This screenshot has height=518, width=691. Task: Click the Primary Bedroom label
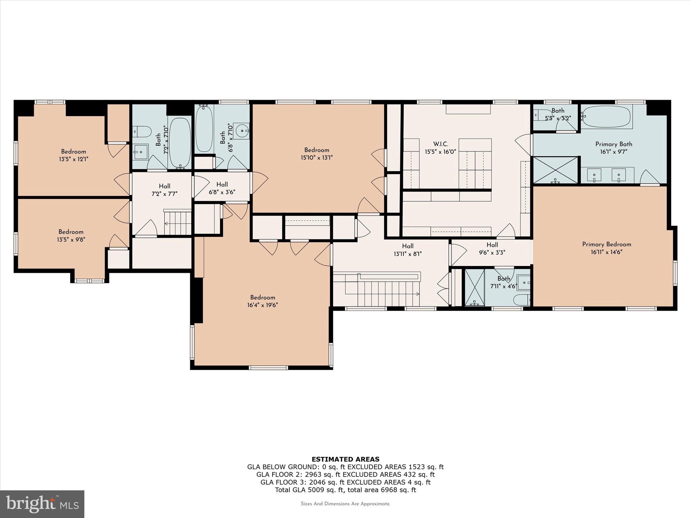(606, 244)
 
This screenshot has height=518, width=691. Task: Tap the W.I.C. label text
(441, 144)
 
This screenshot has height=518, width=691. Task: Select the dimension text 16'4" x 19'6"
(262, 305)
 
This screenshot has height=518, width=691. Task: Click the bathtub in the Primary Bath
(606, 117)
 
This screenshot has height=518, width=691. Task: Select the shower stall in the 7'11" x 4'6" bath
(474, 287)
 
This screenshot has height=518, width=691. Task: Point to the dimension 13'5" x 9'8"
(71, 239)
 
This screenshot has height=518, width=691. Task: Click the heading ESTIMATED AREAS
(345, 459)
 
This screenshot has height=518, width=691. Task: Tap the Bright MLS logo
(42, 504)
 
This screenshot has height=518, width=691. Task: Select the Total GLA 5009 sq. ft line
(345, 490)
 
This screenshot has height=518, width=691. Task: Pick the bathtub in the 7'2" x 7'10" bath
(179, 142)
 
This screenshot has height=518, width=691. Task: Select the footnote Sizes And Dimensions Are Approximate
(345, 504)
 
